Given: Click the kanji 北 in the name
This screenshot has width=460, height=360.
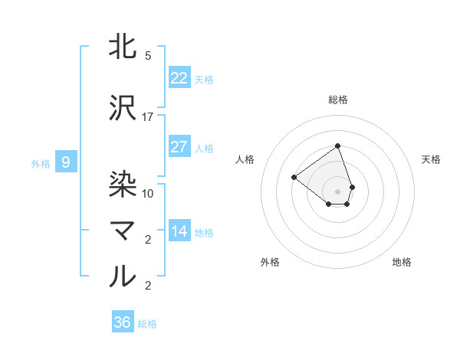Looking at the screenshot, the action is point(123,46).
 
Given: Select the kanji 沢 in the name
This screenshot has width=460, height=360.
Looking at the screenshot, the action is point(123,107).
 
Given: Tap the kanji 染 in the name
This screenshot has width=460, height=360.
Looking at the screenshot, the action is point(123,182).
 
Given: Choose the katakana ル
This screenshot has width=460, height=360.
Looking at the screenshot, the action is point(123,276).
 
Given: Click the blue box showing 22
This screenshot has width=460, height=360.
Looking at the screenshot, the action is point(179,78).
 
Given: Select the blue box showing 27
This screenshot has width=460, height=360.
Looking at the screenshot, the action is point(179,147).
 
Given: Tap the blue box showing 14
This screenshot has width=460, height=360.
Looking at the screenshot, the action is point(179,231).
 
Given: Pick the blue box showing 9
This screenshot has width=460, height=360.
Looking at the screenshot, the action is point(66,162).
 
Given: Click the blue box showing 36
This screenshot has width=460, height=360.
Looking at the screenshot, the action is point(123,322).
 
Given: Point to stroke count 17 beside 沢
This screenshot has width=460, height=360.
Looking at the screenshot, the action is point(148,117).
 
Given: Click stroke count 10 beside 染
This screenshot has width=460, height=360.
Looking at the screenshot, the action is point(148,193).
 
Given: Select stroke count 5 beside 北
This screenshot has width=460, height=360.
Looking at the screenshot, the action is point(148,56).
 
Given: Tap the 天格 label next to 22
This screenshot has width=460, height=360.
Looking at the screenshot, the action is point(204,79).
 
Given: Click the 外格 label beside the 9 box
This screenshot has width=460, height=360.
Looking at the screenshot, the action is point(41,163).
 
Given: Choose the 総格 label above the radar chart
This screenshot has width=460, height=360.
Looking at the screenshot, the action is point(338,100).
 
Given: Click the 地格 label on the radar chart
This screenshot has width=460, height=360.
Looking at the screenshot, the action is point(402,262).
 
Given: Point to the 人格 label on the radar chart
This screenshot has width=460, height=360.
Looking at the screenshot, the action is point(245,159).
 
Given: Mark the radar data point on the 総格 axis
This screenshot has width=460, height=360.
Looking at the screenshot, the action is point(337,146).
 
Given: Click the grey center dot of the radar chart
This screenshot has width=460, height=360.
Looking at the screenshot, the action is point(337,191).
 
